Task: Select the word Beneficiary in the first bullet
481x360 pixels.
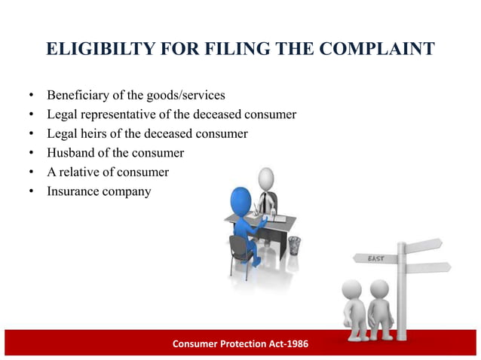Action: point(79,96)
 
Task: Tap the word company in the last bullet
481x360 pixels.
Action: point(127,191)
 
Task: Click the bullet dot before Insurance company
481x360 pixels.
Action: point(32,191)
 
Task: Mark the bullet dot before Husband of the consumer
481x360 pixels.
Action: point(32,154)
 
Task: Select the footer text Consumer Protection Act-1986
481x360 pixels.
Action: point(240,344)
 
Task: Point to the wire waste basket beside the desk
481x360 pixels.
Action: point(294,246)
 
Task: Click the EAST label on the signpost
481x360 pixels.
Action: point(375,258)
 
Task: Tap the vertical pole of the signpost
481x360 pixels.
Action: point(401,294)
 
